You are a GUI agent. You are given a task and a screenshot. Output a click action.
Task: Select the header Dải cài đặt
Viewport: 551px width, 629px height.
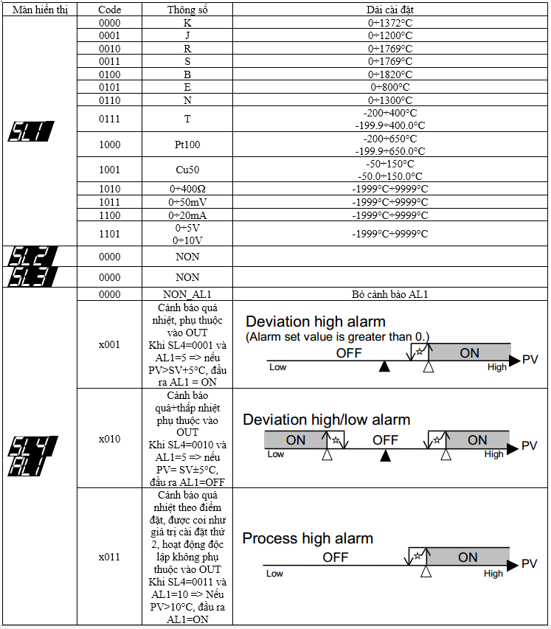390,10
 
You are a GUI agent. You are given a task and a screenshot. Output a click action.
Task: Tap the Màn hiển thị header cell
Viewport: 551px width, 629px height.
39,10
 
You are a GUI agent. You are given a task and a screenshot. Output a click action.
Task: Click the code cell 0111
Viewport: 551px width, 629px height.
109,119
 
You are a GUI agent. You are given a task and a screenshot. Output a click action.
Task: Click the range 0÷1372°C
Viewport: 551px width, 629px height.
390,23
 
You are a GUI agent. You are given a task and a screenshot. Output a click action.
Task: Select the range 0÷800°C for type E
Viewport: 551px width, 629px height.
390,87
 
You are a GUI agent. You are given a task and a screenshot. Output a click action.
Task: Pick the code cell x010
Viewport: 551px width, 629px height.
109,439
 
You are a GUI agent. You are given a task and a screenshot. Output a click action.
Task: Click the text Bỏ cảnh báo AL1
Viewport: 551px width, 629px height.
390,294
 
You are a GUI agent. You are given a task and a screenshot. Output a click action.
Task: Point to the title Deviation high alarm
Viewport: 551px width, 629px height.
316,322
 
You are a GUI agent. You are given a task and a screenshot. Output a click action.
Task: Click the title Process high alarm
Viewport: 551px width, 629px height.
308,538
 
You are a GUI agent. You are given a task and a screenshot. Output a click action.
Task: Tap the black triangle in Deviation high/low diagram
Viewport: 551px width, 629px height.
384,456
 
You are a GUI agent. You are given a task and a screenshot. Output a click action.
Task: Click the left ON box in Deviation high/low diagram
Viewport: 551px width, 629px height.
295,440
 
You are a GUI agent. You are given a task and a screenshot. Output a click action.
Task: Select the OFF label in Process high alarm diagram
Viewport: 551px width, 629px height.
336,557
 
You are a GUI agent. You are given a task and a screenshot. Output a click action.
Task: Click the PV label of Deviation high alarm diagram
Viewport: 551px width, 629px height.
530,359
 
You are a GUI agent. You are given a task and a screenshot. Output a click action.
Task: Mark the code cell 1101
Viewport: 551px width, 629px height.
109,234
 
